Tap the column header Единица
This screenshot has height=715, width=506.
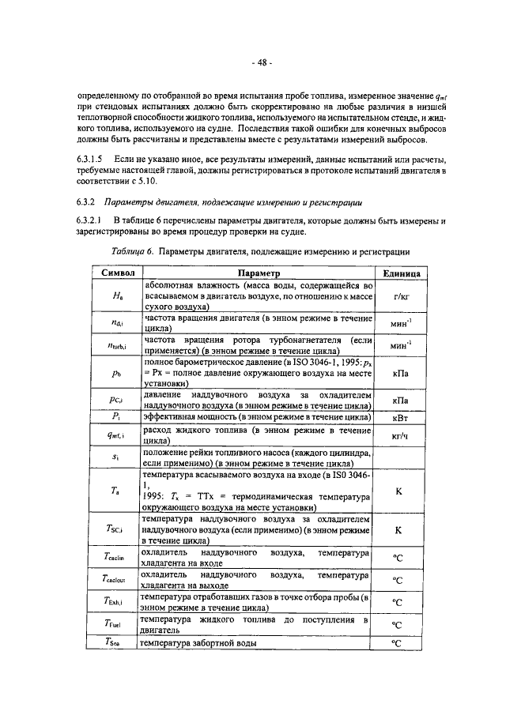(406, 273)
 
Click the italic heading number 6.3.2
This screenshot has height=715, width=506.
(87, 201)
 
